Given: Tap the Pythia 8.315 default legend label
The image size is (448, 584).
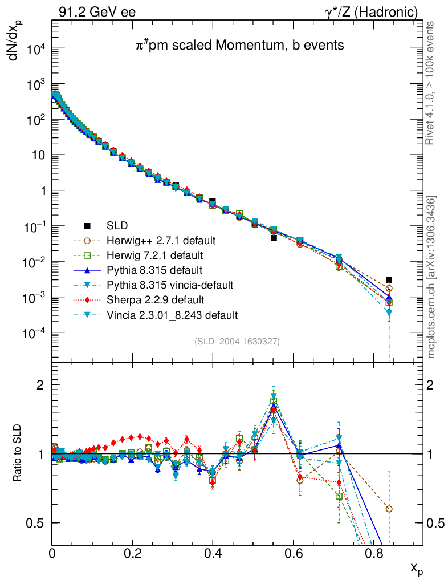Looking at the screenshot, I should coord(154,270).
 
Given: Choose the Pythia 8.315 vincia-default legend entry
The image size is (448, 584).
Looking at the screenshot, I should coord(169,285).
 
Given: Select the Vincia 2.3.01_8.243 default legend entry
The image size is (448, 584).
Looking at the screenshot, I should coord(172,315).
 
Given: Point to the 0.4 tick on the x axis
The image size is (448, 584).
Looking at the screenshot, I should coord(213,552).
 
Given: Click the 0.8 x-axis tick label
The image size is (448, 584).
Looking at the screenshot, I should coord(373,552).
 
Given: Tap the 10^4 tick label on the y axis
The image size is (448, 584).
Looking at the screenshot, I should coord(34,48).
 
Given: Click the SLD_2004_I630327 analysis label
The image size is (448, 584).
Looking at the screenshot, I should coord(237,341).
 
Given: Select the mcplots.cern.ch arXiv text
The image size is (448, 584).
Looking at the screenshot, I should coord(432,277).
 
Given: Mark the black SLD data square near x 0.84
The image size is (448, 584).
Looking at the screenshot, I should coord(389,280).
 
